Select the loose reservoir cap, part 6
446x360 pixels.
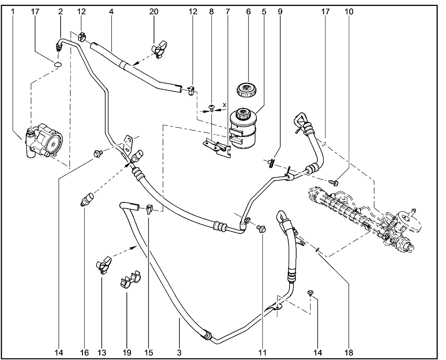pos(248,90)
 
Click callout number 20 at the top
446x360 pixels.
pos(154,12)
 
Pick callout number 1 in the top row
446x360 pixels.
pos(13,12)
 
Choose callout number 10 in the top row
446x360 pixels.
pos(349,12)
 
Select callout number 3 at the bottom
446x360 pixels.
pos(179,352)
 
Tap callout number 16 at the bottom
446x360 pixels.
pos(84,352)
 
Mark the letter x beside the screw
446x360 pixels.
pos(224,105)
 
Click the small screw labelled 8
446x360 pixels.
pos(211,108)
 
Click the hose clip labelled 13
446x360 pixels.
pos(103,265)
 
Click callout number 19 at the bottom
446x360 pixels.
pos(127,352)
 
